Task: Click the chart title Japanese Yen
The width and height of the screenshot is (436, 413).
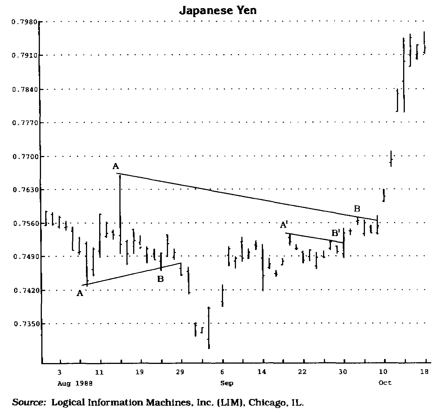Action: tap(218, 10)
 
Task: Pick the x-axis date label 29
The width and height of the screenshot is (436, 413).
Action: tap(180, 372)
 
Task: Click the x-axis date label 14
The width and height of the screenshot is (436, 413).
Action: tap(261, 372)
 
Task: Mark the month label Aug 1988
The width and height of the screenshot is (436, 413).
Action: tap(75, 383)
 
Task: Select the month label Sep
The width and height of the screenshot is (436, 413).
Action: tap(227, 383)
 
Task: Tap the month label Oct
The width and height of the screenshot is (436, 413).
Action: tap(385, 383)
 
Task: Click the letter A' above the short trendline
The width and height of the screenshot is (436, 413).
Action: tap(283, 225)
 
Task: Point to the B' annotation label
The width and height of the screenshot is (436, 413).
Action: tap(336, 233)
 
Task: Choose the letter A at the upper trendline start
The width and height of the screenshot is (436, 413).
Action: tap(115, 166)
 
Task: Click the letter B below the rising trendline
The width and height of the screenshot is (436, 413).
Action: tap(160, 279)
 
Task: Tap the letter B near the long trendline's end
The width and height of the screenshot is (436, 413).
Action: tap(357, 209)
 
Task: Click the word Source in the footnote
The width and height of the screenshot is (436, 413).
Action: tap(29, 402)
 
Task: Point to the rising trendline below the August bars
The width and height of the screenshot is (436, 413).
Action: tap(132, 274)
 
